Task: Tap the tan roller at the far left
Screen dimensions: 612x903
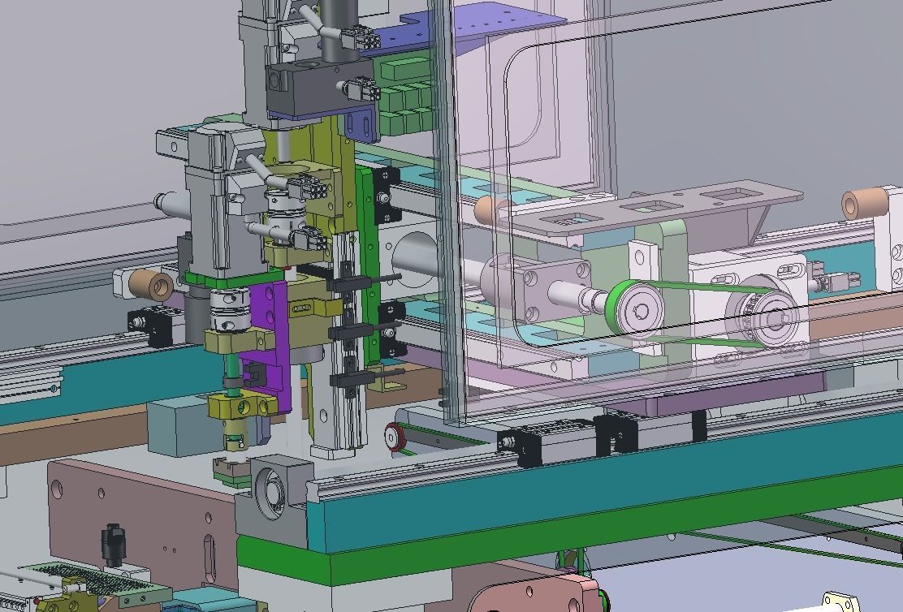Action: pyautogui.click(x=152, y=285)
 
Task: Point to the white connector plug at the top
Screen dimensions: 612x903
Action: pyautogui.click(x=357, y=37)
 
